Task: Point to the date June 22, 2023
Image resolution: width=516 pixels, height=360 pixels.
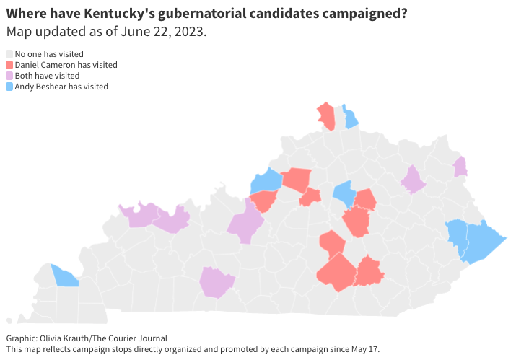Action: (162, 32)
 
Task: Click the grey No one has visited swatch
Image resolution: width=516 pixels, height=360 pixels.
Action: (9, 54)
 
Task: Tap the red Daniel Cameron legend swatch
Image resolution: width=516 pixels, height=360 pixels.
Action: (9, 65)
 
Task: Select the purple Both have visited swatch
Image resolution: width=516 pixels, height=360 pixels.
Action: (9, 76)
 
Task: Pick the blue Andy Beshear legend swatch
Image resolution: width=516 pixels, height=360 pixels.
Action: (9, 87)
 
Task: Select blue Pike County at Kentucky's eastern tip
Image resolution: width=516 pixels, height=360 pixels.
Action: (482, 242)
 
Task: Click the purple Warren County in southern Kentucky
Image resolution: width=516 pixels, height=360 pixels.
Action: (216, 281)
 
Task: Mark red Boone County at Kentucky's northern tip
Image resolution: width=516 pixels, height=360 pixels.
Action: (327, 115)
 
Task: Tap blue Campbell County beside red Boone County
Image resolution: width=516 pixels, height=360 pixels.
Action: (350, 118)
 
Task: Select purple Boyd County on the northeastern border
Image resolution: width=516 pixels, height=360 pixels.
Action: (460, 167)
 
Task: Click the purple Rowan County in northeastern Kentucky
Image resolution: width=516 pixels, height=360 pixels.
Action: (413, 180)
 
